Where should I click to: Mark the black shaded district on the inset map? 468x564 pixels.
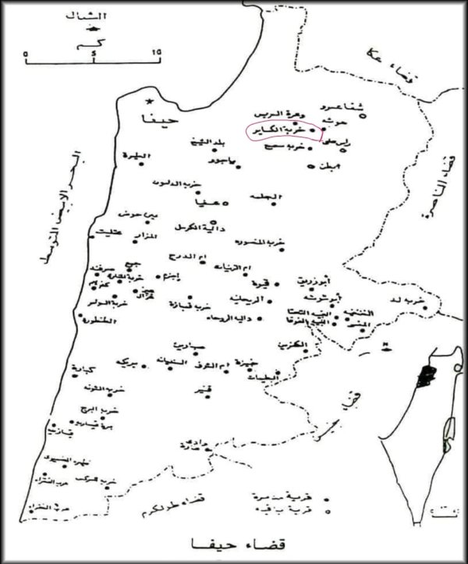coord(426,380)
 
